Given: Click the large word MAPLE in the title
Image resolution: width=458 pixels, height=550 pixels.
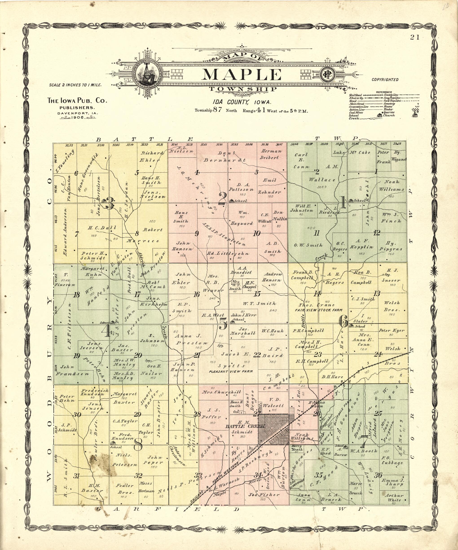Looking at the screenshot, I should pyautogui.click(x=241, y=75).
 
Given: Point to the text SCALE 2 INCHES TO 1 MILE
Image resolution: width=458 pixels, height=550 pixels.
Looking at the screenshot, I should pyautogui.click(x=75, y=85).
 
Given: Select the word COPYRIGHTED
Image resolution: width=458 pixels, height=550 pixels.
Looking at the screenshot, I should pyautogui.click(x=385, y=80).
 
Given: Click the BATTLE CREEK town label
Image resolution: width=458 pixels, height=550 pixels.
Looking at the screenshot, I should pyautogui.click(x=245, y=426).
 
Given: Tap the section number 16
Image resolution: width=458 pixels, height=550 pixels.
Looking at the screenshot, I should pyautogui.click(x=196, y=294).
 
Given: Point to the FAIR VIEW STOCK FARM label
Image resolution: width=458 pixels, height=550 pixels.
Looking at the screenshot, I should pyautogui.click(x=318, y=310).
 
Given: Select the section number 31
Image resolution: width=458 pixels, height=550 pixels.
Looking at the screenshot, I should pyautogui.click(x=76, y=476).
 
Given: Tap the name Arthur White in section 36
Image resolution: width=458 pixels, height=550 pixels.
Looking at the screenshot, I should pyautogui.click(x=394, y=498).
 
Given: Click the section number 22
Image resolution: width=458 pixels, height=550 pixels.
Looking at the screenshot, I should pyautogui.click(x=257, y=355).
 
